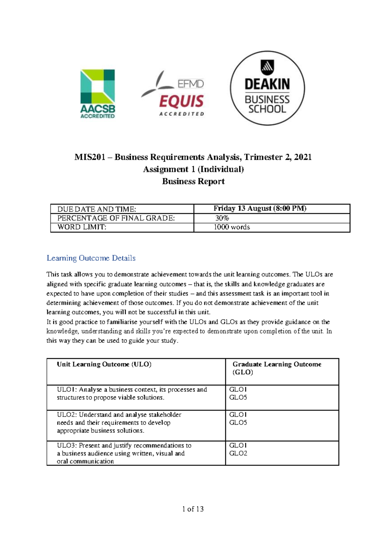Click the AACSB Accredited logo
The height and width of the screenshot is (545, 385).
point(98,94)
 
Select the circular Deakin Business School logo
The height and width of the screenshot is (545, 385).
point(267,88)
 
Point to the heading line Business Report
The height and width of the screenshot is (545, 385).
point(193,181)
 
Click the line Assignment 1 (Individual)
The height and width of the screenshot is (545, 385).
point(193,169)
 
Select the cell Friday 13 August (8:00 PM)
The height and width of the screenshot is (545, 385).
point(260,209)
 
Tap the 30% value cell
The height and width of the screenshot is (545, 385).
point(222,218)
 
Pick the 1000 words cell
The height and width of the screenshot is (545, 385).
point(232,227)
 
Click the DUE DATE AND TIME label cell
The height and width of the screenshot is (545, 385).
point(97,209)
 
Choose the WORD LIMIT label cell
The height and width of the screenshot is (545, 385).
point(81,227)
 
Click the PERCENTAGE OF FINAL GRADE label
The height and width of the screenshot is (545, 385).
point(116,218)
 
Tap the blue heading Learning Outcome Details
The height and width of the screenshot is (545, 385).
point(91,258)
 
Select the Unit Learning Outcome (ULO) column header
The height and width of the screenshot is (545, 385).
point(104,364)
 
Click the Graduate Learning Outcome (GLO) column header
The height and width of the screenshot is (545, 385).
point(277,368)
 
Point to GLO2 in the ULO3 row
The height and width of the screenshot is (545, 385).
point(238,454)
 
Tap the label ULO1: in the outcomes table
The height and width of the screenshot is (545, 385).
point(66,390)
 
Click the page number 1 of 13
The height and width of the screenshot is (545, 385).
point(193,509)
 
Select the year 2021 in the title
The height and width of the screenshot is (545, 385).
point(303,157)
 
